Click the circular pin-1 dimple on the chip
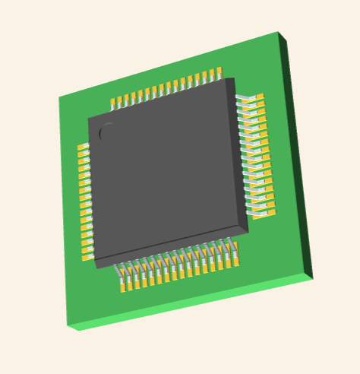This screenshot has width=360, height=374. [108, 132]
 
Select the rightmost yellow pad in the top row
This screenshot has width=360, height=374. [219, 73]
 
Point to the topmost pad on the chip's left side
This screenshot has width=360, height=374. [83, 147]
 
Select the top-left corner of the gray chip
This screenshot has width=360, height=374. [89, 119]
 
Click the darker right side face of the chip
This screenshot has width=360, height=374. [240, 152]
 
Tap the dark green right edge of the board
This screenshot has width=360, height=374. [296, 152]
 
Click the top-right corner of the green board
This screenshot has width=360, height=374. [279, 33]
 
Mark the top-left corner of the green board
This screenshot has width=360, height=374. [59, 97]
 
